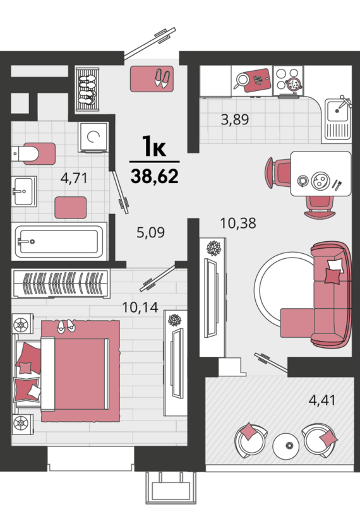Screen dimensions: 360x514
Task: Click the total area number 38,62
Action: pyautogui.click(x=155, y=176)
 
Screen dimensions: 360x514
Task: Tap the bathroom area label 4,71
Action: pyautogui.click(x=74, y=178)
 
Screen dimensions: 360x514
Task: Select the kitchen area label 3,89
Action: pyautogui.click(x=235, y=119)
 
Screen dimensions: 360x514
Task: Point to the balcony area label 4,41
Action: pyautogui.click(x=322, y=400)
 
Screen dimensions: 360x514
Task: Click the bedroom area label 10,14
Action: pyautogui.click(x=140, y=307)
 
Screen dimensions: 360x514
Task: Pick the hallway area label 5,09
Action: pyautogui.click(x=150, y=232)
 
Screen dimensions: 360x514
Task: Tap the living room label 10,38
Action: pyautogui.click(x=237, y=224)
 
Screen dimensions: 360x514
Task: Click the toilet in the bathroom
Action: pyautogui.click(x=33, y=153)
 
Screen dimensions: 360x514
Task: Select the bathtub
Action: pyautogui.click(x=59, y=242)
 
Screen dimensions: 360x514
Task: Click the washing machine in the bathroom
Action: pyautogui.click(x=93, y=137)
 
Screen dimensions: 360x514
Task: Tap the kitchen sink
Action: pyautogui.click(x=338, y=118)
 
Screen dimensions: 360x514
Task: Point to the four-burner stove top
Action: pyautogui.click(x=288, y=80)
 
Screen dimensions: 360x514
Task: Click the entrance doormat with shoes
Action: pyautogui.click(x=152, y=79)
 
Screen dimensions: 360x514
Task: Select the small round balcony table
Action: pyautogui.click(x=286, y=446)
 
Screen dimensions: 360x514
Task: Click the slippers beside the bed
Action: pyautogui.click(x=66, y=326)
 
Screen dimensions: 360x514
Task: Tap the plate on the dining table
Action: pyautogui.click(x=320, y=181)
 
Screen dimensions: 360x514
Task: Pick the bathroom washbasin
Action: pyautogui.click(x=24, y=191)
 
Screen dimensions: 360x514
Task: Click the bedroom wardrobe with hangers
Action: pyautogui.click(x=61, y=284)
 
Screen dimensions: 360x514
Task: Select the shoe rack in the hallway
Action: pyautogui.click(x=87, y=89)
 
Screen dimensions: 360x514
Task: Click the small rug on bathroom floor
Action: pyautogui.click(x=71, y=208)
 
